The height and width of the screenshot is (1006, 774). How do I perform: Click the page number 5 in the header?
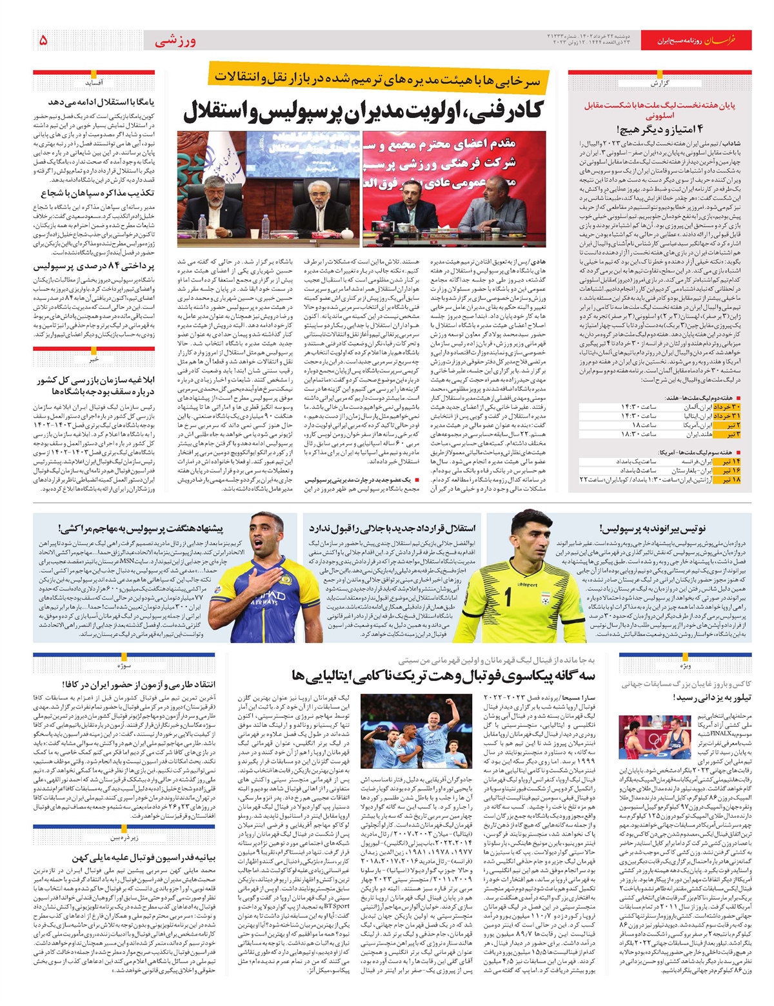tap(43, 41)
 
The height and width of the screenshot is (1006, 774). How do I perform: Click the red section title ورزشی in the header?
tap(175, 41)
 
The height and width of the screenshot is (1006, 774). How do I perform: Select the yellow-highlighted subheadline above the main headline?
tap(381, 78)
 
